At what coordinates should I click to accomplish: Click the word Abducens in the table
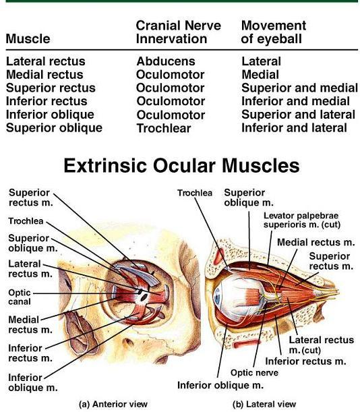click(166, 61)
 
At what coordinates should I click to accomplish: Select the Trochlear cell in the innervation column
click(164, 129)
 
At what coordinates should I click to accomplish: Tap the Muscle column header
click(28, 39)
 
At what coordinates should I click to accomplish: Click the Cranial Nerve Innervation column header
click(179, 32)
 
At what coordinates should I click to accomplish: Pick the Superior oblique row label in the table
click(54, 128)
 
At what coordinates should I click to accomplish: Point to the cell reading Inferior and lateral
click(295, 128)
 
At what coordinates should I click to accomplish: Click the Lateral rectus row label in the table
click(46, 61)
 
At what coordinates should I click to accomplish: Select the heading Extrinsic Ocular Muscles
click(181, 165)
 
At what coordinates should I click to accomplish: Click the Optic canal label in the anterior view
click(20, 297)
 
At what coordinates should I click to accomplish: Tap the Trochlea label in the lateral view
click(195, 193)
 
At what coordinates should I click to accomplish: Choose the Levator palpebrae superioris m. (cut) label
click(302, 220)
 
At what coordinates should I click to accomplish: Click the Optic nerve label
click(254, 373)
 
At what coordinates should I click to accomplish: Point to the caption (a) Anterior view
click(113, 404)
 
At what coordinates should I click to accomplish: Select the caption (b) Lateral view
click(264, 404)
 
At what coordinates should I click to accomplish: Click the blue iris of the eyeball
click(217, 297)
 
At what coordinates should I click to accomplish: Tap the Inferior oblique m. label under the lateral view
click(220, 385)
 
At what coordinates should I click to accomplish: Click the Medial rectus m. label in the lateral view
click(316, 242)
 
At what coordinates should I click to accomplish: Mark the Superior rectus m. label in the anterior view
click(31, 198)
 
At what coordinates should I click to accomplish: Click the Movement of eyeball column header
click(274, 32)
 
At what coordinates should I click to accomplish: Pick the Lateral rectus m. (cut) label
click(322, 345)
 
